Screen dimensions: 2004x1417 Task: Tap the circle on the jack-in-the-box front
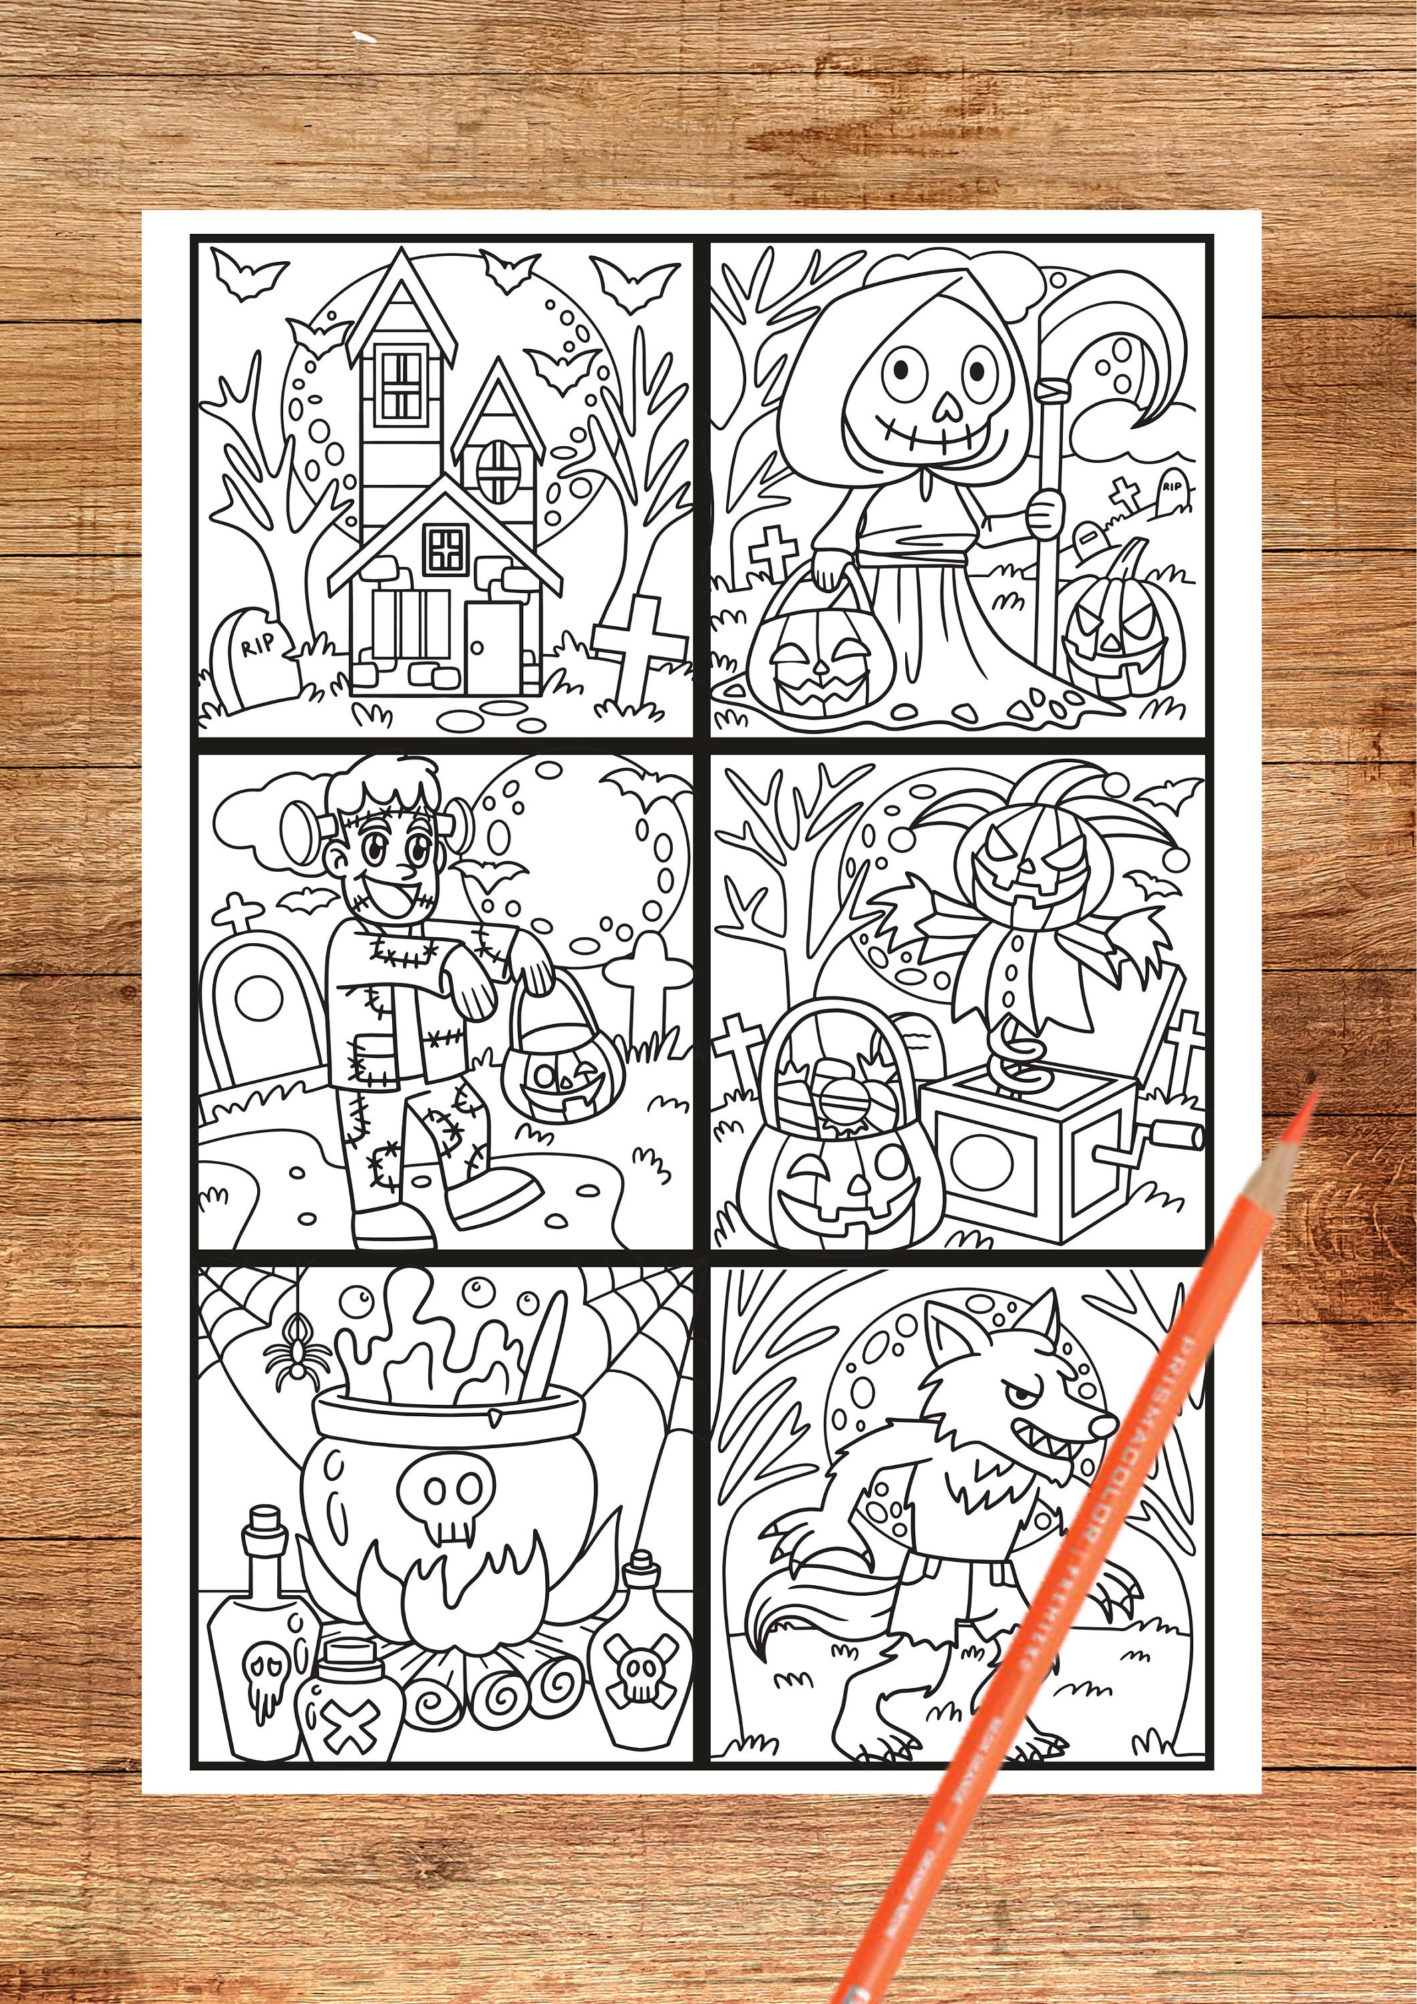tap(981, 1162)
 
